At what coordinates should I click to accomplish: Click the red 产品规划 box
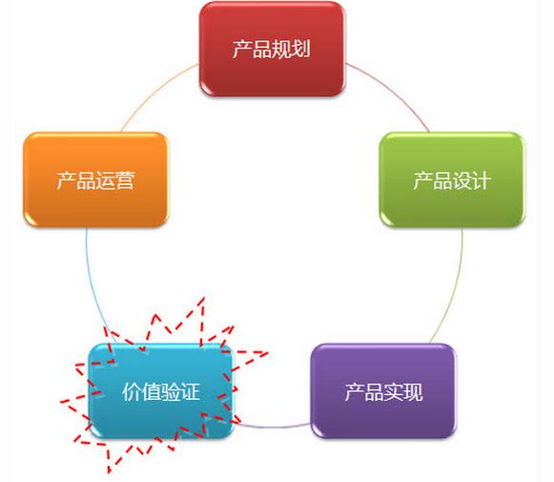click(272, 49)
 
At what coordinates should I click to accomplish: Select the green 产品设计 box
click(452, 179)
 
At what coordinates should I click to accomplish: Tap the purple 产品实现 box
click(383, 390)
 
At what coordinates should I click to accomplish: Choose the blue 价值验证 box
click(161, 391)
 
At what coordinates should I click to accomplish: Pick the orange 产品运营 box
click(95, 179)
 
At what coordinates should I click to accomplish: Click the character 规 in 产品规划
click(281, 50)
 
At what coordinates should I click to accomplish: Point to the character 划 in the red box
click(301, 50)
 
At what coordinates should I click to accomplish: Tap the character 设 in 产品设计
click(462, 180)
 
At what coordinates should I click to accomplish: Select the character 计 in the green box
click(482, 180)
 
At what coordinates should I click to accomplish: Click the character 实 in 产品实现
click(393, 392)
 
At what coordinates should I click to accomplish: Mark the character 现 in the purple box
click(413, 392)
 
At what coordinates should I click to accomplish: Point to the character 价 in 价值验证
click(132, 392)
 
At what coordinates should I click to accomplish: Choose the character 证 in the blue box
click(190, 392)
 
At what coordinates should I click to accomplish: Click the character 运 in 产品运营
click(105, 180)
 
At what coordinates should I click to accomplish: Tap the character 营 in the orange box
click(125, 180)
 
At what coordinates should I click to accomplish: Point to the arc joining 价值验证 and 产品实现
click(272, 427)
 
